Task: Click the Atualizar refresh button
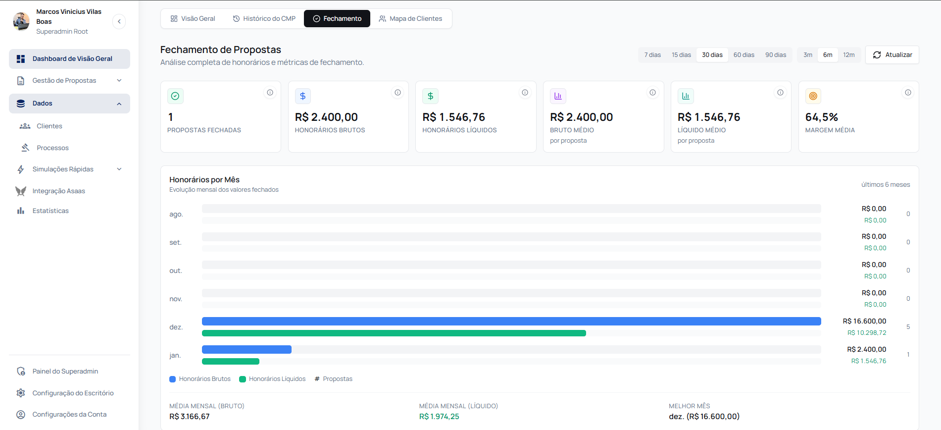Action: pos(892,55)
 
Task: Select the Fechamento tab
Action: pos(337,19)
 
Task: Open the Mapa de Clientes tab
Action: pos(410,19)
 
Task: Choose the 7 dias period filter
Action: pos(652,55)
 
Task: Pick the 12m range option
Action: pos(848,55)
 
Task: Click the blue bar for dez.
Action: pos(511,322)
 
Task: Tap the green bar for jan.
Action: pos(231,361)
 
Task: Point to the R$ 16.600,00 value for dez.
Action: pos(864,322)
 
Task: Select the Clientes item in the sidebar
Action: pos(50,126)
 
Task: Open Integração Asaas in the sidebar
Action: pos(58,191)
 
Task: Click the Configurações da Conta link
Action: pos(69,415)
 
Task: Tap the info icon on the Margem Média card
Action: pos(908,93)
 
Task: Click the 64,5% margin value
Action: pos(821,117)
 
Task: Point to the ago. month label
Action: pos(176,215)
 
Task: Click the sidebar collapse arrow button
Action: pos(119,22)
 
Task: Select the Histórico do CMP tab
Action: pos(264,19)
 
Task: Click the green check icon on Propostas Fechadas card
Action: pos(175,96)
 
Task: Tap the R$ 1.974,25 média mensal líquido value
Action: pos(439,417)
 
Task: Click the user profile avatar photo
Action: pos(21,21)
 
